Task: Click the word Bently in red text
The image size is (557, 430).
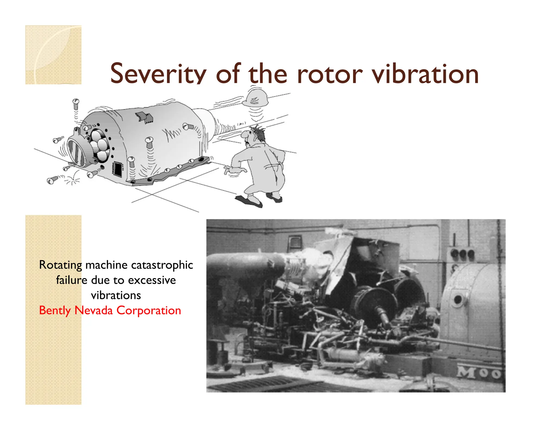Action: [x=55, y=310]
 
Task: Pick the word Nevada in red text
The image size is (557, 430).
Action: [x=93, y=310]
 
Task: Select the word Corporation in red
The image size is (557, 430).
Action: [x=148, y=310]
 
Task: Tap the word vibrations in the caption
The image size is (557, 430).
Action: [x=116, y=295]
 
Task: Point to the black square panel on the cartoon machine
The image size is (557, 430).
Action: [x=118, y=169]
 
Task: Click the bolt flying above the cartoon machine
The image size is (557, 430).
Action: [x=76, y=103]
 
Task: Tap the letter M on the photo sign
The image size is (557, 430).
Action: [x=466, y=372]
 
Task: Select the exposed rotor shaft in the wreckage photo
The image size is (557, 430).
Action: [x=382, y=315]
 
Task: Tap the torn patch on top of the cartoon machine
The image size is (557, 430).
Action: [x=144, y=117]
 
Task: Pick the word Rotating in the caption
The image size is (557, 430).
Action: [x=60, y=265]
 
